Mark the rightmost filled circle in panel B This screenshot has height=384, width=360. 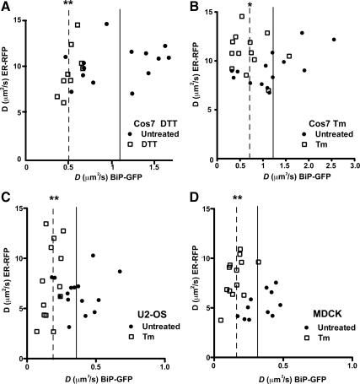[335, 40]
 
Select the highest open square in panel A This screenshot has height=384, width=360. [78, 25]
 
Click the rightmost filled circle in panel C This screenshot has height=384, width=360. [120, 272]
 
